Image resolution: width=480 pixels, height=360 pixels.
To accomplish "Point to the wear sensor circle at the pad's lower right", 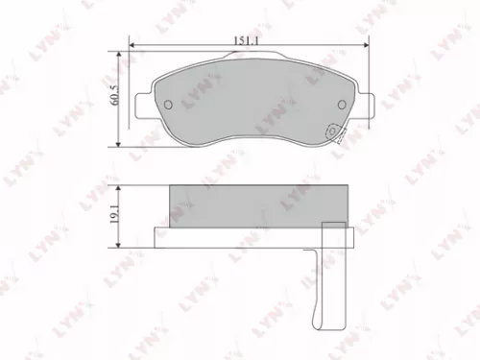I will [333, 133].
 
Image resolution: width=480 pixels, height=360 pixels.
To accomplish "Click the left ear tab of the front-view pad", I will [141, 100].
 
